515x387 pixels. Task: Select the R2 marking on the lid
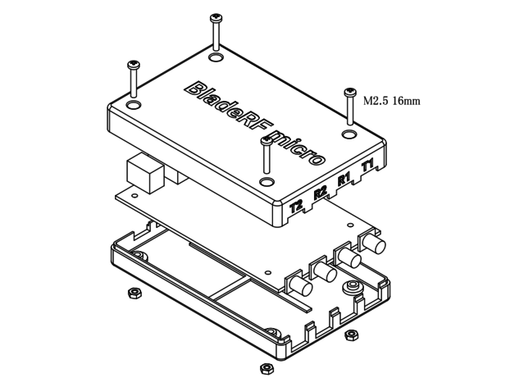coord(321,193)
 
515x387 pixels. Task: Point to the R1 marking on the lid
coord(344,179)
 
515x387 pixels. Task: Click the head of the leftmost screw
coord(131,65)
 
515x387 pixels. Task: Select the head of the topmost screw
coord(216,17)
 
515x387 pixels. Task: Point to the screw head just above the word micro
coord(266,139)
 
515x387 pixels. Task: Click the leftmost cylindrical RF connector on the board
coord(299,286)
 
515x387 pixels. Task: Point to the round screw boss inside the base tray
coord(353,286)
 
